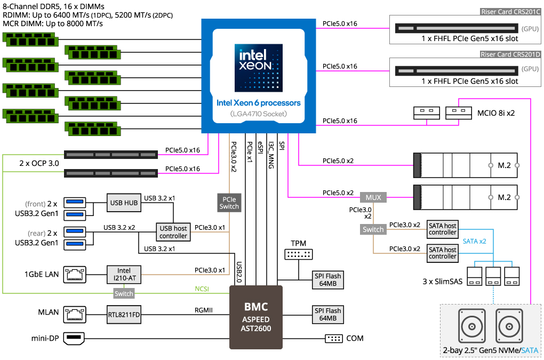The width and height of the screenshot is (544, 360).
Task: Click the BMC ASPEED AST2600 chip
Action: [x=255, y=317]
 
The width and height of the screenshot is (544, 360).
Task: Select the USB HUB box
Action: [x=124, y=203]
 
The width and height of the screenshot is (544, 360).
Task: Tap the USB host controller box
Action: [x=173, y=232]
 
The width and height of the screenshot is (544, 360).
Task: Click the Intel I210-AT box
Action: [x=124, y=274]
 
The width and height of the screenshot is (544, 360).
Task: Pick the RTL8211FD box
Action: [x=124, y=315]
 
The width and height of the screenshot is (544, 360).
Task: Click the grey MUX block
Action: [x=373, y=197]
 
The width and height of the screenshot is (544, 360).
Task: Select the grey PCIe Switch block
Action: [x=229, y=203]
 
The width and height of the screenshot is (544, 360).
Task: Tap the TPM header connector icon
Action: [x=298, y=254]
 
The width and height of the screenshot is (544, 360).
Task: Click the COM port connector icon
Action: [x=334, y=338]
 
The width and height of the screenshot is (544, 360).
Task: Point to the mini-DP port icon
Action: [x=74, y=338]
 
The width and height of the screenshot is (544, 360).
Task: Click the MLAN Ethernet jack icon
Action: [x=75, y=315]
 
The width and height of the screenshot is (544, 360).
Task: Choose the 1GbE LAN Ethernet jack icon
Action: [x=75, y=274]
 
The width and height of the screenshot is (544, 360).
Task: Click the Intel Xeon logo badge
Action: [x=259, y=68]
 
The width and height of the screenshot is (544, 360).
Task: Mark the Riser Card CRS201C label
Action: [x=510, y=12]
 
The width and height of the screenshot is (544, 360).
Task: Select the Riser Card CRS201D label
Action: [x=510, y=54]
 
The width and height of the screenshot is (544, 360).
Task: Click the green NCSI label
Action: [x=202, y=289]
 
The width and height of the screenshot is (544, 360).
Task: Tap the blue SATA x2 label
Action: [x=474, y=242]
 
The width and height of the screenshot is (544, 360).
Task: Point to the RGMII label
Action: [x=204, y=310]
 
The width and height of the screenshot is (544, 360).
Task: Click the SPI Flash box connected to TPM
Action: [x=328, y=280]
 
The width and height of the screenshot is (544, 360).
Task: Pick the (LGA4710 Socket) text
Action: [x=259, y=114]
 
